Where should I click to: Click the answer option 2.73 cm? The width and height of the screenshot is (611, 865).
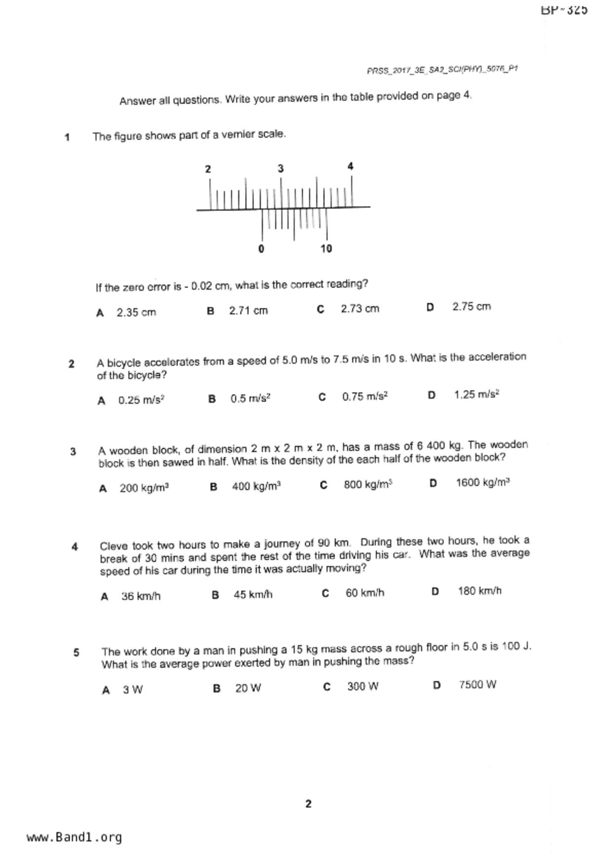[359, 309]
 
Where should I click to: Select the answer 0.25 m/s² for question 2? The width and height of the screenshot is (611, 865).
[141, 400]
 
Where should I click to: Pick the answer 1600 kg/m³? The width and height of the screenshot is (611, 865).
[482, 482]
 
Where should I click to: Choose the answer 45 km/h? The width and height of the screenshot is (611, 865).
[252, 594]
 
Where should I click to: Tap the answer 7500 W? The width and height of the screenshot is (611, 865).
[477, 685]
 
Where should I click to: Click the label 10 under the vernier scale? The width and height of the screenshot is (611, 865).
[326, 249]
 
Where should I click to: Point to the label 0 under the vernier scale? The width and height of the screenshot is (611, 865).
[261, 249]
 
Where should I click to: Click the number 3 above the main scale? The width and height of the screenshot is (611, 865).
[281, 169]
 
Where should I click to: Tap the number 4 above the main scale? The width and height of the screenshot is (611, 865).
[350, 167]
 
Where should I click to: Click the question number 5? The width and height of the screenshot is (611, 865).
[76, 652]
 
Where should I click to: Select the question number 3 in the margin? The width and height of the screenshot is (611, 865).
[73, 451]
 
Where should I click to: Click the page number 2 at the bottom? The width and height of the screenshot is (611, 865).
[308, 804]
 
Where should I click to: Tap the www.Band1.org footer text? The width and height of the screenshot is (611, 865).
[74, 837]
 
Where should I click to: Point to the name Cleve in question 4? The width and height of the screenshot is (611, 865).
[113, 546]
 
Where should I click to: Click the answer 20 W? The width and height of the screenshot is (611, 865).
[248, 688]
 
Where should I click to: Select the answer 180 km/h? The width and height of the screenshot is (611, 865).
[479, 591]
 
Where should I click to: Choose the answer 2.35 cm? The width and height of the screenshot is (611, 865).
[136, 313]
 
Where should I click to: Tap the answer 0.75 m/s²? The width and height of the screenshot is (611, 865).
[365, 396]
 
